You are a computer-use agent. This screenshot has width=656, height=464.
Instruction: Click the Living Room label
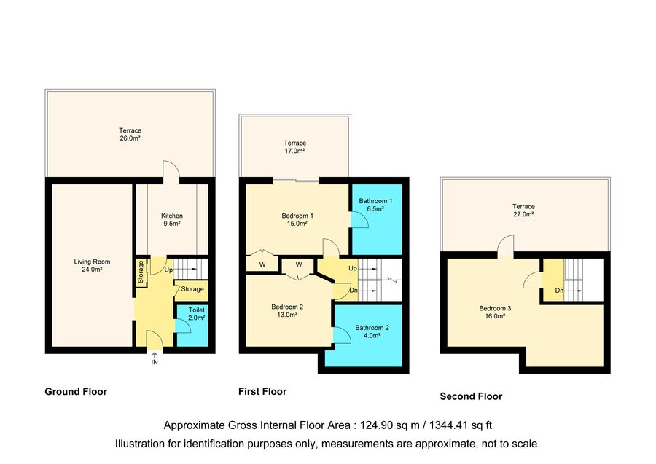(x=92, y=265)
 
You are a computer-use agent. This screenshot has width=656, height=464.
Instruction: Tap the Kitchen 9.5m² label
(x=172, y=219)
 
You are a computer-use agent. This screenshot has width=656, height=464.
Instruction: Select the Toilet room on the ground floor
(x=192, y=326)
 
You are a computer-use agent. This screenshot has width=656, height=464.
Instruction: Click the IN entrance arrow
(x=155, y=355)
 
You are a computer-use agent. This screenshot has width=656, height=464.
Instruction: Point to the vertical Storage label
(x=141, y=272)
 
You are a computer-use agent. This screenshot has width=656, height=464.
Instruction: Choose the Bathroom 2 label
(x=372, y=331)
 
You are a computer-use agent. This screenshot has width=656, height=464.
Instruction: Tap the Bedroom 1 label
(x=297, y=219)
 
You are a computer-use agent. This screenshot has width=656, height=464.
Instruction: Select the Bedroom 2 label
(x=287, y=310)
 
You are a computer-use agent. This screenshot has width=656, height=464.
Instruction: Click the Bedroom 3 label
(x=495, y=312)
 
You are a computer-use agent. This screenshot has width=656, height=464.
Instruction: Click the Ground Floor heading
(x=76, y=392)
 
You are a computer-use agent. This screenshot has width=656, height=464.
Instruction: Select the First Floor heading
(x=262, y=392)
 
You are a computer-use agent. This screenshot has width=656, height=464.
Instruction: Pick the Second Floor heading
(x=471, y=396)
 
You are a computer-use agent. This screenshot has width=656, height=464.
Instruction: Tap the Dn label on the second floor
(x=559, y=291)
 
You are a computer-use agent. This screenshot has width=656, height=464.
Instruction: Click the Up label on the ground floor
(x=168, y=270)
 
